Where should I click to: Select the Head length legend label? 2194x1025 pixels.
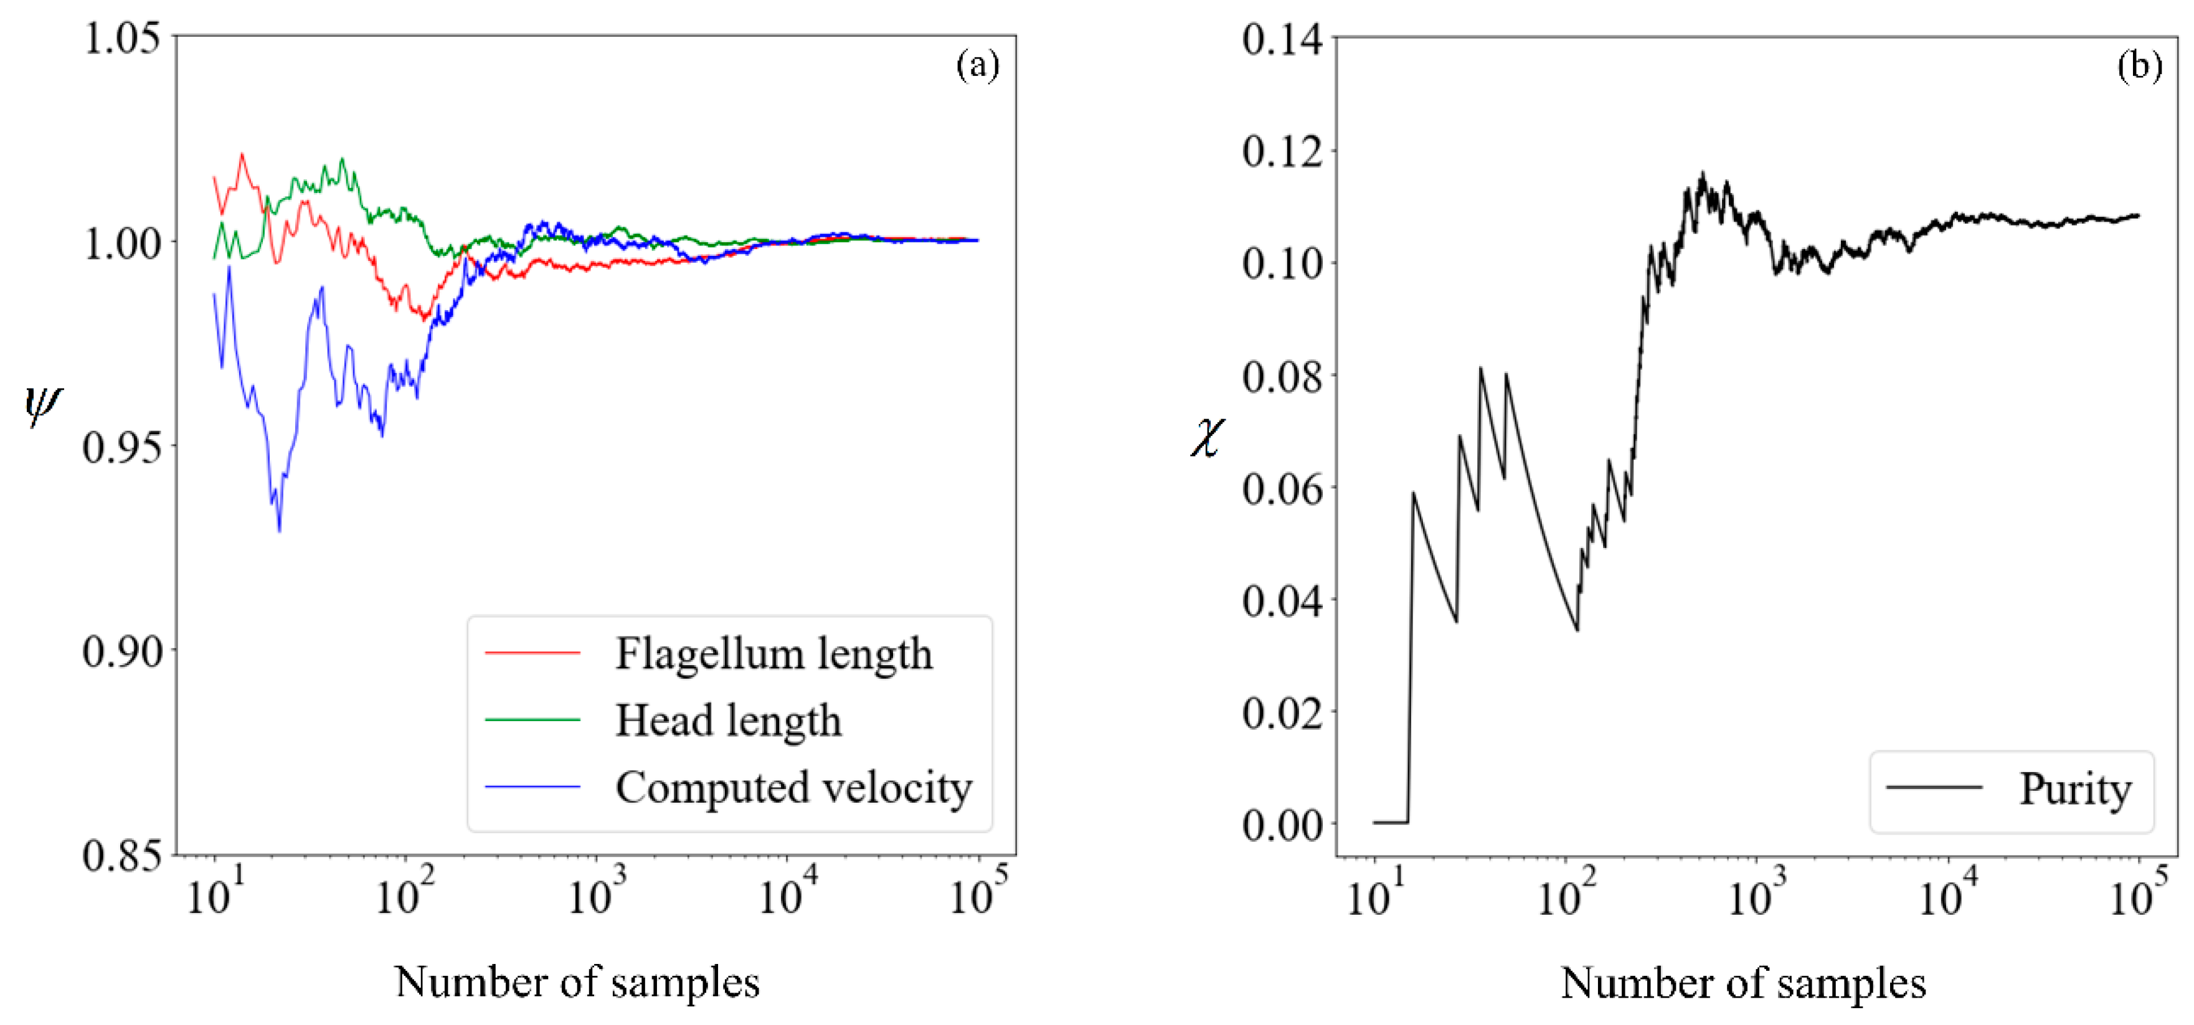point(728,720)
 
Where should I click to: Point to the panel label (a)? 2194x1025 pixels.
point(977,65)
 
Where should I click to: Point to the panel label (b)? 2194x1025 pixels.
point(2139,65)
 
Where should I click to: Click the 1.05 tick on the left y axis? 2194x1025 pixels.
point(122,39)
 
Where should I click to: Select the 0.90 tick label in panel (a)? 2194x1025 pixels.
point(122,651)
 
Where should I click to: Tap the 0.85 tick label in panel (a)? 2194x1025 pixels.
point(122,855)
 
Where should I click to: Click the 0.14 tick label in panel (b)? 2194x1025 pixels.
point(1282,39)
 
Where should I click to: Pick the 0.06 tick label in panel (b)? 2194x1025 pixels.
point(1282,489)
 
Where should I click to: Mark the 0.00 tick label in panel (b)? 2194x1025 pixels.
point(1282,824)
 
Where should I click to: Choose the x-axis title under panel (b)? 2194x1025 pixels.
point(1742,983)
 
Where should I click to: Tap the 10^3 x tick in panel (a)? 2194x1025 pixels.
point(595,894)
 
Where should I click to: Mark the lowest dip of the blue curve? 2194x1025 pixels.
point(280,531)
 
